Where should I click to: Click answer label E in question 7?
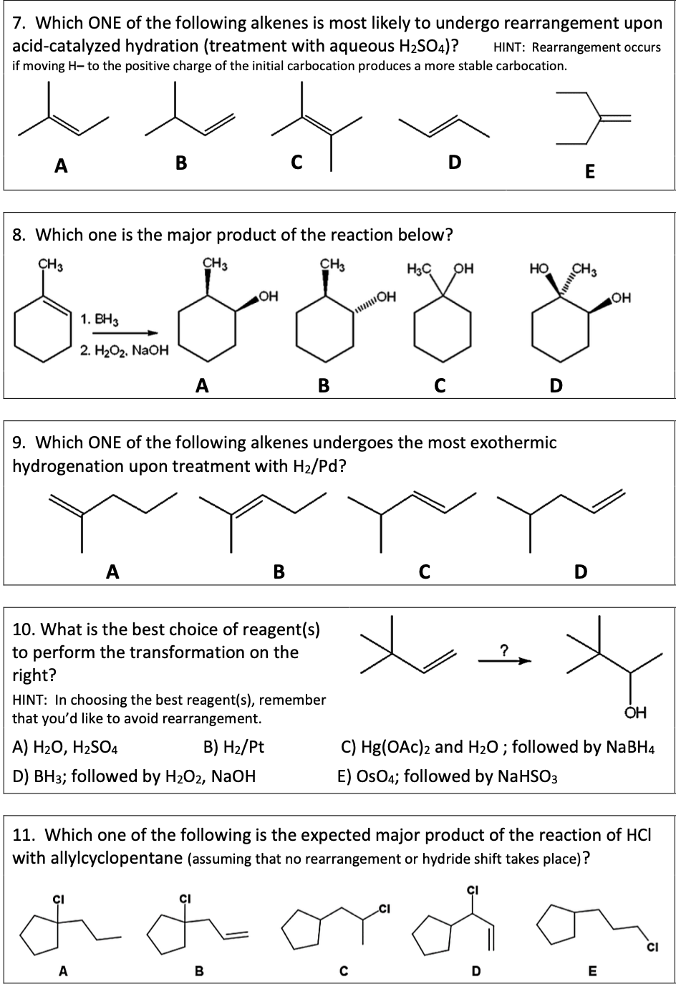tap(589, 171)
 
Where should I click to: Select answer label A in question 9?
tap(112, 571)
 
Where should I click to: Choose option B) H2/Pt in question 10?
tap(234, 747)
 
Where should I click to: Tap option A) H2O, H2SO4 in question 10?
tap(66, 747)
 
